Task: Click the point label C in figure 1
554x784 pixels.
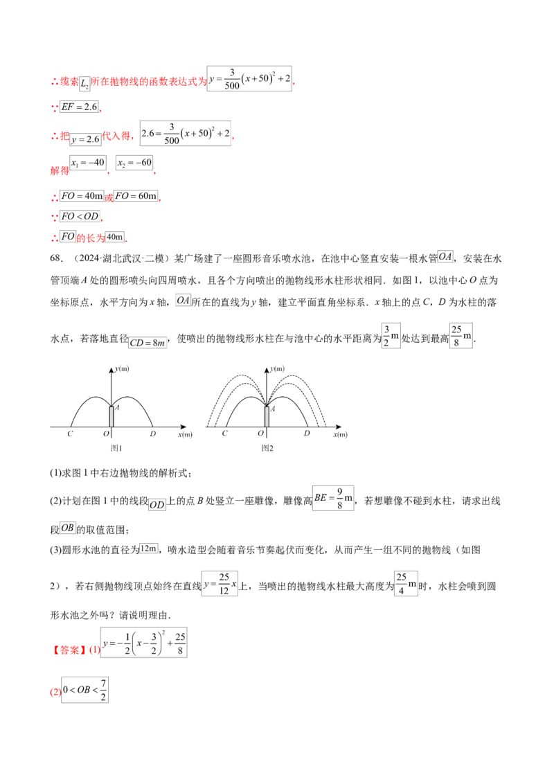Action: point(70,434)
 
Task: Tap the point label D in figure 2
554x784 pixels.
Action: point(307,433)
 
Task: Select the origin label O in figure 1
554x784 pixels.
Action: point(106,434)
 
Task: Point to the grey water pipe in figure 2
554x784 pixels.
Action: point(267,416)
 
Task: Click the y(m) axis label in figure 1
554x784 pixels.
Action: point(121,369)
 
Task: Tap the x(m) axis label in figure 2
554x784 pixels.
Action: point(341,434)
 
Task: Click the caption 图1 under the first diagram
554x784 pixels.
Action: point(116,448)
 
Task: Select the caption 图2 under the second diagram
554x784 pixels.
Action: point(267,448)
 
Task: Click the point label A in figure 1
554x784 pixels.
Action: point(117,407)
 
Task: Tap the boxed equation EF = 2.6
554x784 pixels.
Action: point(80,107)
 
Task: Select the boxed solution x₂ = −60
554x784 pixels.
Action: point(134,163)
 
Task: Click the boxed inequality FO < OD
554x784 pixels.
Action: point(80,216)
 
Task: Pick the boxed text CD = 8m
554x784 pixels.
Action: point(148,343)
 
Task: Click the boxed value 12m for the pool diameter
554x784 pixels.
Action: point(148,549)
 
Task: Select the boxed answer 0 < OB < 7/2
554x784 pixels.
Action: point(84,690)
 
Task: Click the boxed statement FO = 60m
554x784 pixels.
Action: point(136,196)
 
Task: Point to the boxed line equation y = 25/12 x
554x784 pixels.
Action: point(220,584)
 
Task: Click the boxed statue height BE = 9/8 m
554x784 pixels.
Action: point(334,498)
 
